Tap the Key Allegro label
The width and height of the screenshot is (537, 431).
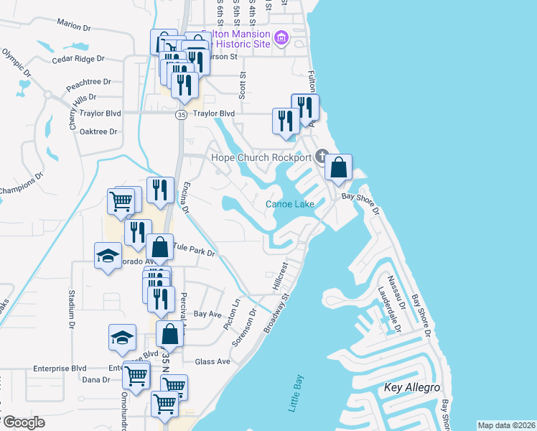pyautogui.click(x=412, y=388)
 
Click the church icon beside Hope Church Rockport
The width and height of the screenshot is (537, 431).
pyautogui.click(x=322, y=157)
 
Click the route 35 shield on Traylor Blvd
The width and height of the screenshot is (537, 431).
pyautogui.click(x=182, y=113)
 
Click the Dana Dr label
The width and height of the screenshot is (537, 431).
pyautogui.click(x=96, y=380)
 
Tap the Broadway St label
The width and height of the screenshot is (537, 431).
pyautogui.click(x=276, y=311)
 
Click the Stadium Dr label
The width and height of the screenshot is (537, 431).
pyautogui.click(x=71, y=304)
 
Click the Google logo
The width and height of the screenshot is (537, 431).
pyautogui.click(x=24, y=422)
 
